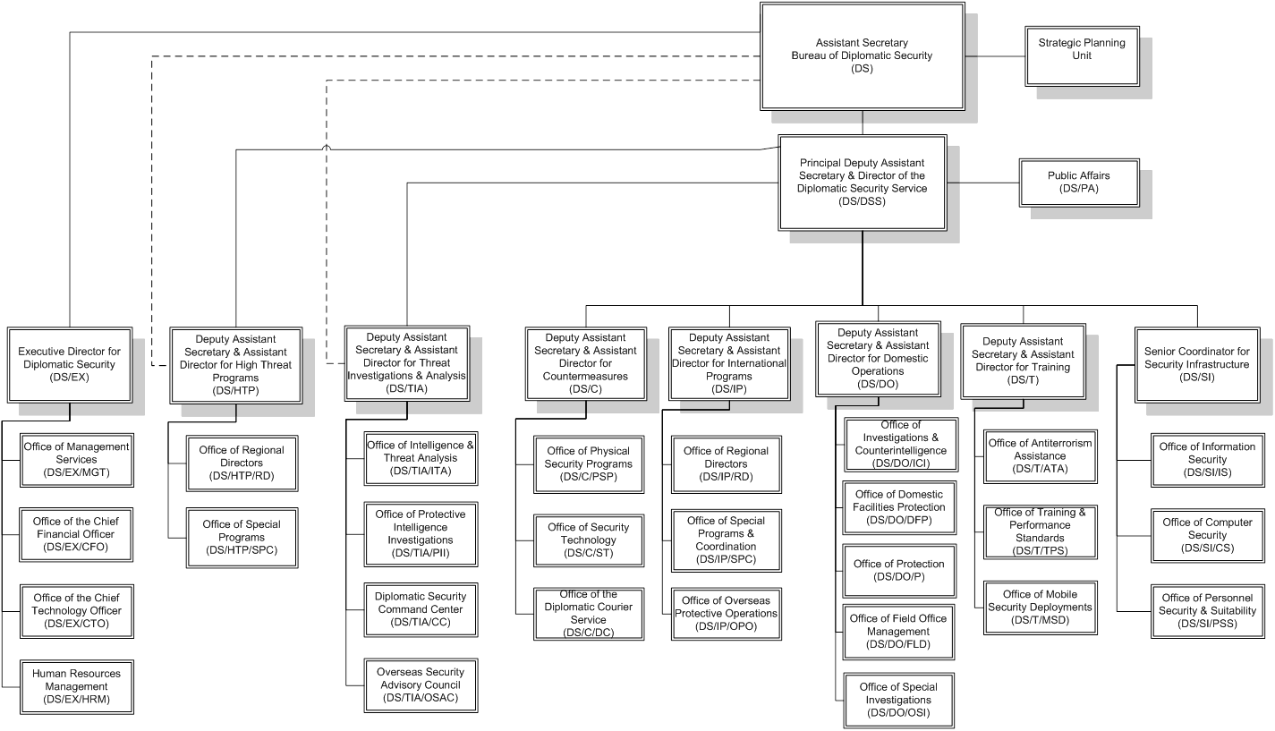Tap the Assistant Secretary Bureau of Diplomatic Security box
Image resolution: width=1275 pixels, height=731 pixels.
862,55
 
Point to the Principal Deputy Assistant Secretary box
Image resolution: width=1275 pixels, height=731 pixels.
862,183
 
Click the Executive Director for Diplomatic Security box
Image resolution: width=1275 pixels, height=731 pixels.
70,365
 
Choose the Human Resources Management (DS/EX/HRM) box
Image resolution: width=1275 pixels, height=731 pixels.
76,686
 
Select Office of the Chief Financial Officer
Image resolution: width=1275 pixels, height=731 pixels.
76,534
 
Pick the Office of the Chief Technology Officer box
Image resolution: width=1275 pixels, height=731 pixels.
76,611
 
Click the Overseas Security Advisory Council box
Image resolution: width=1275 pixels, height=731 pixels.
421,684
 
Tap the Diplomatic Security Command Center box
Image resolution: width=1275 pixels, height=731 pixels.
421,609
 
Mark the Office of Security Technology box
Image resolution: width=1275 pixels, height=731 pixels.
588,540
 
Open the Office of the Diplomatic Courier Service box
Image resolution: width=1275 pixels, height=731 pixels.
588,613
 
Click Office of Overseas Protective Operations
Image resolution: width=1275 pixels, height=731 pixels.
726,613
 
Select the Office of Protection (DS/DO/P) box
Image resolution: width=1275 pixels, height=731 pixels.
898,571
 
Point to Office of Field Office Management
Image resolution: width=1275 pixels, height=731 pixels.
898,631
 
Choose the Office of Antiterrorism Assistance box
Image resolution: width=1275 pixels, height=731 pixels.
1039,455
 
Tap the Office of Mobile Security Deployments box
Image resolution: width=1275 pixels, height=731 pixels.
1039,607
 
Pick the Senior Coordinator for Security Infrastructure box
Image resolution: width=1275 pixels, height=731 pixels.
1196,365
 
